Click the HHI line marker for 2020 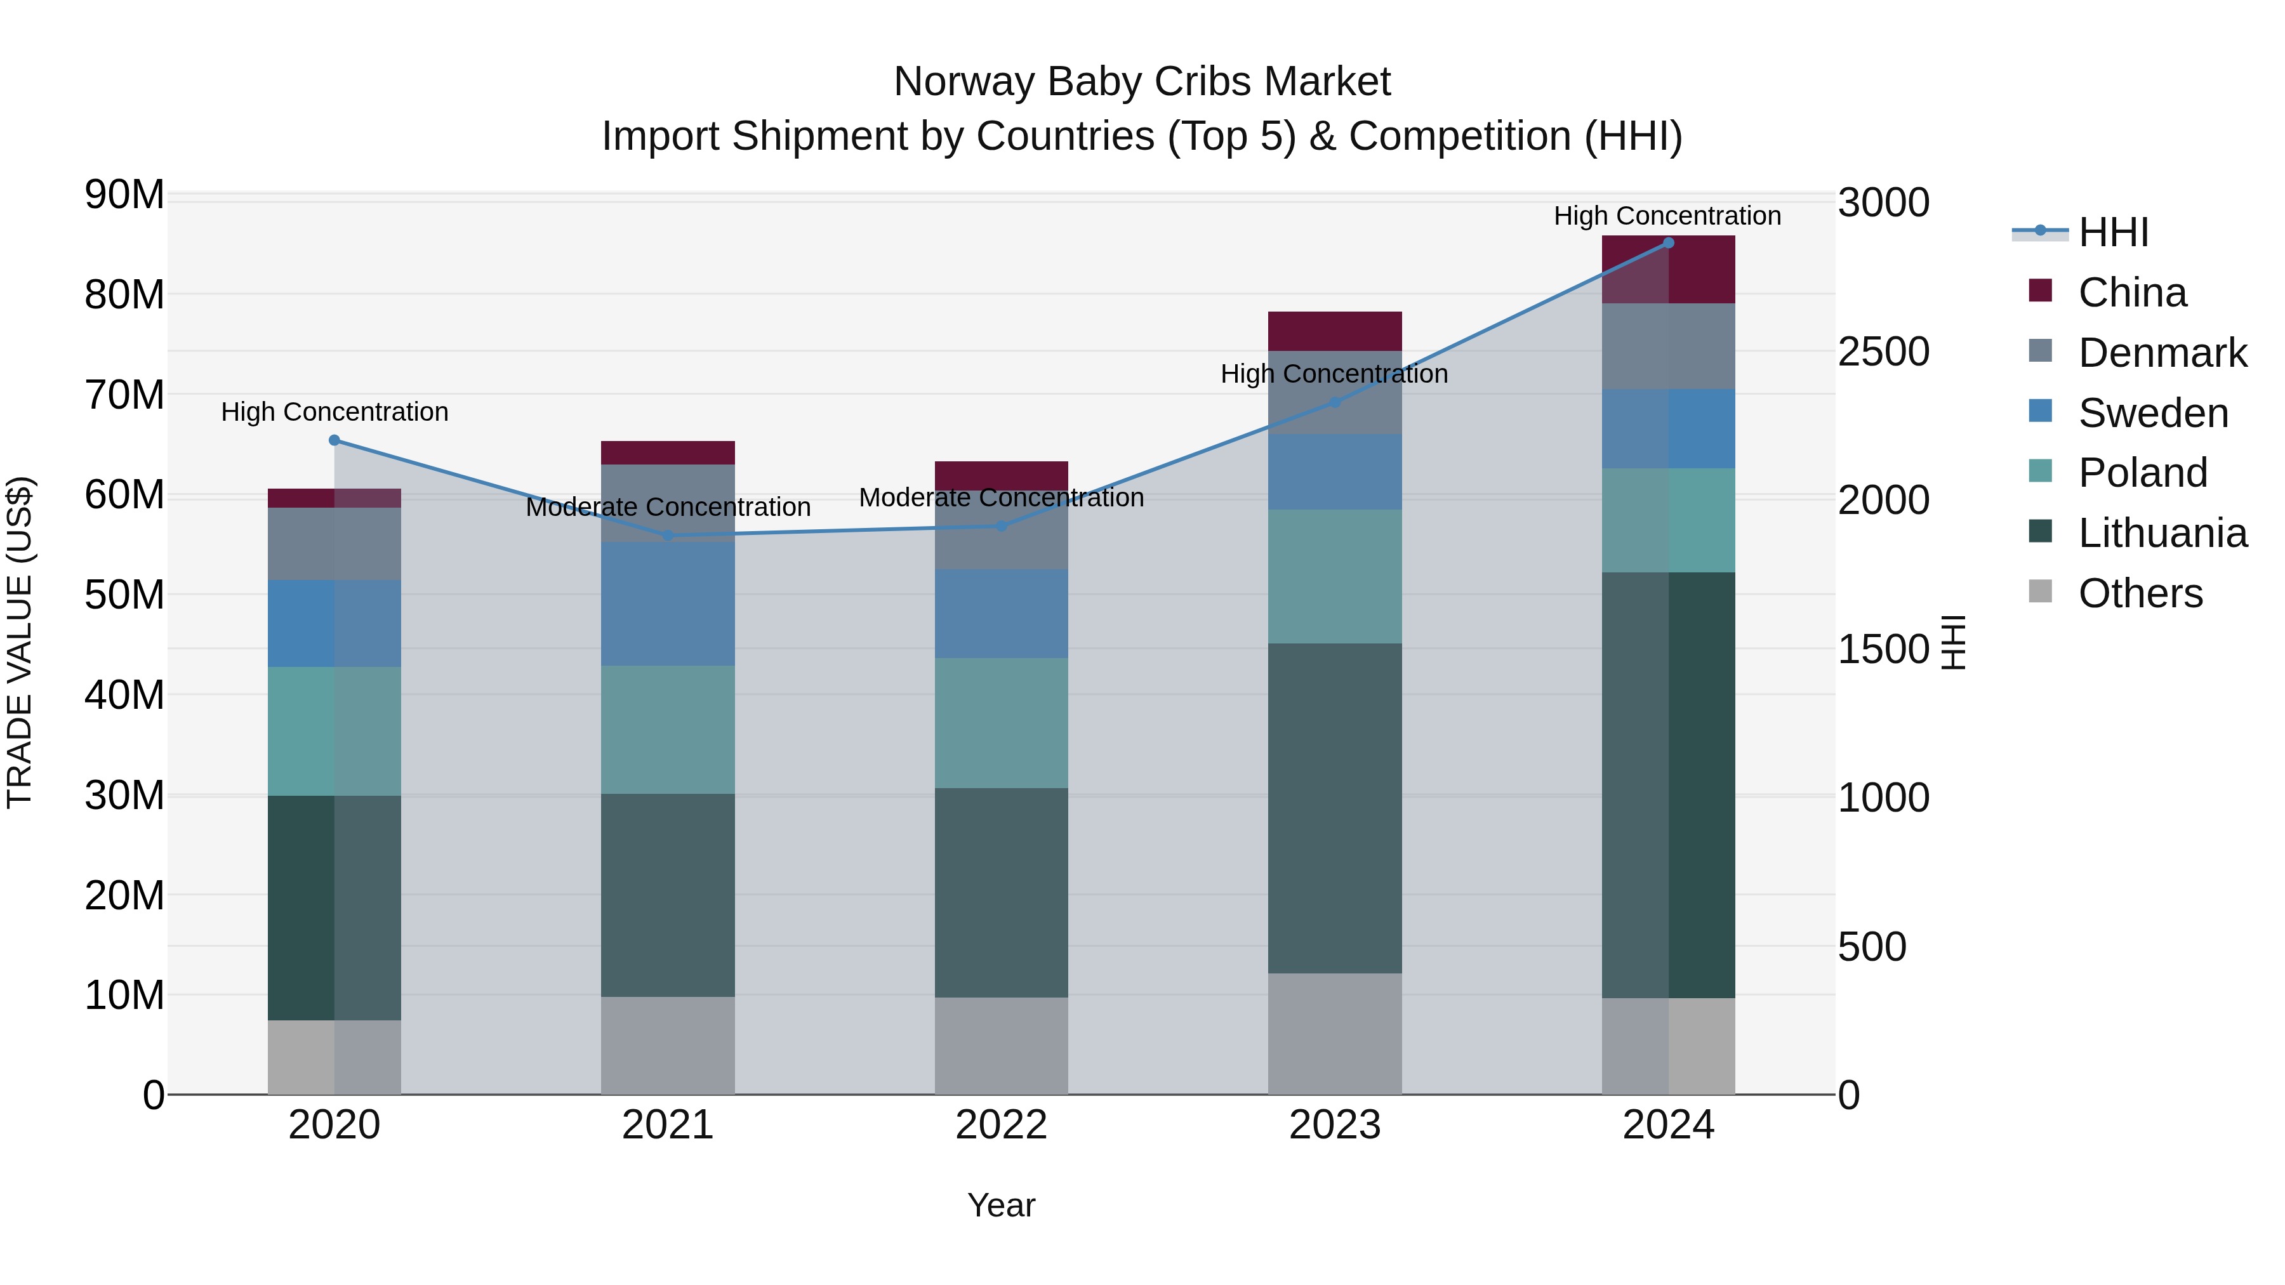tap(334, 440)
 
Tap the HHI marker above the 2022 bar tap(1002, 526)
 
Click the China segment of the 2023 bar tap(1334, 331)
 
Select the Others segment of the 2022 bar tap(1002, 1046)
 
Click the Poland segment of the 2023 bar tap(1334, 576)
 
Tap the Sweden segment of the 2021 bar tap(668, 603)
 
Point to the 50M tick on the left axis tap(124, 594)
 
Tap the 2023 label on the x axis tap(1334, 1125)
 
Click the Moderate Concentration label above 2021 tap(668, 507)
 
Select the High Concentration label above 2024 tap(1667, 216)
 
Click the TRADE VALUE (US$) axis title tap(20, 642)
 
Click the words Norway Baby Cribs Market tap(1142, 82)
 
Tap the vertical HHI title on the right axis tap(1954, 642)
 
